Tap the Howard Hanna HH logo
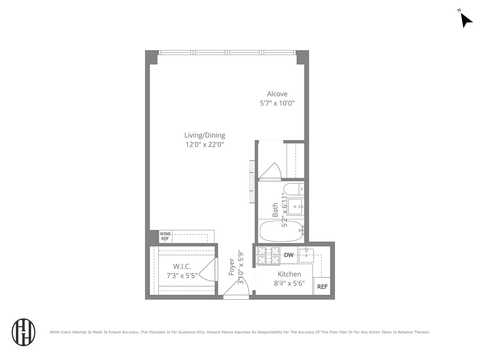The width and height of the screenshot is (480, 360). pyautogui.click(x=24, y=332)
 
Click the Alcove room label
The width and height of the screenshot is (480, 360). pyautogui.click(x=277, y=94)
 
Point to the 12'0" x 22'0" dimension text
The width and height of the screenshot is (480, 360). pyautogui.click(x=204, y=145)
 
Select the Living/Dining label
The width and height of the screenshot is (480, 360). pyautogui.click(x=204, y=135)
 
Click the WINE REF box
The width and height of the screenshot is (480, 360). pyautogui.click(x=165, y=236)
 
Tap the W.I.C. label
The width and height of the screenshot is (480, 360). pyautogui.click(x=182, y=266)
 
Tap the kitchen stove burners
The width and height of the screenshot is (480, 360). pyautogui.click(x=268, y=256)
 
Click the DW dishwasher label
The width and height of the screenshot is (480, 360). pyautogui.click(x=289, y=255)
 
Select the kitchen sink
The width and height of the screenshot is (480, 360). pyautogui.click(x=306, y=255)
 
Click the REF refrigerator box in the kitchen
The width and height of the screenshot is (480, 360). pyautogui.click(x=322, y=287)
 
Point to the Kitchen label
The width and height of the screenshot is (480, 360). pyautogui.click(x=289, y=274)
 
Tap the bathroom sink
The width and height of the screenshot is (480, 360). pyautogui.click(x=295, y=207)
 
